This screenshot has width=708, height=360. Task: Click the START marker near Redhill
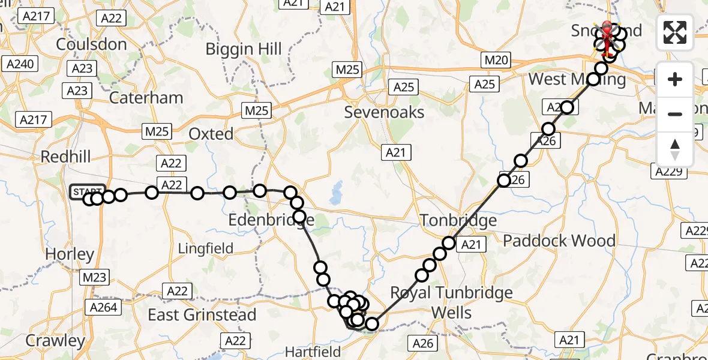(88, 191)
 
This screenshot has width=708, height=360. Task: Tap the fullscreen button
(675, 32)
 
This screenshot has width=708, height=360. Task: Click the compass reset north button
(675, 149)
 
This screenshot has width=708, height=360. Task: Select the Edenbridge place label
(271, 221)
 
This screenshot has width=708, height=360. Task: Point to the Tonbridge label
(458, 220)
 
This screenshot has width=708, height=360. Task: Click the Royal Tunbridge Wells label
(452, 302)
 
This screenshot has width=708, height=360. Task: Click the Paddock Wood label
(559, 241)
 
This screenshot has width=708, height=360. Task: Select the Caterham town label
(147, 97)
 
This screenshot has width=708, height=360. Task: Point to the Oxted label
(211, 133)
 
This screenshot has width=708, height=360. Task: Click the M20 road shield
(496, 60)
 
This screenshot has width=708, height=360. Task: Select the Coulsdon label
(91, 44)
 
